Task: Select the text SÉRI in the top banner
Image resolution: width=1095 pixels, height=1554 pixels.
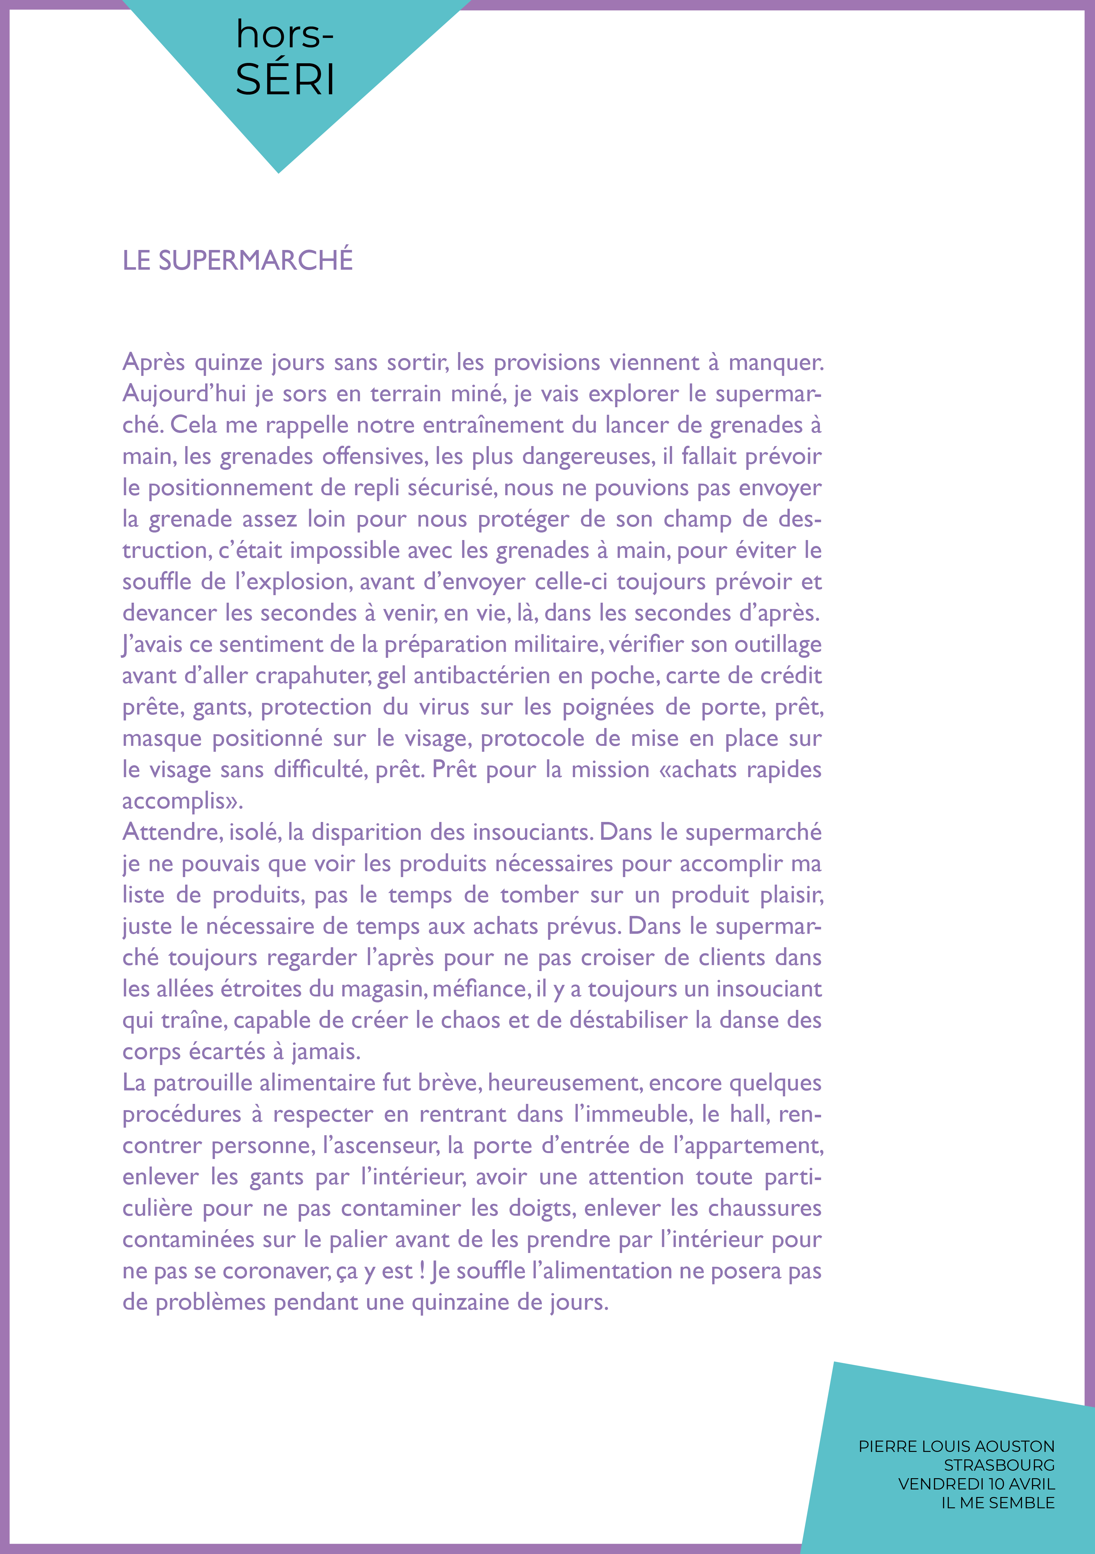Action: click(x=285, y=80)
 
